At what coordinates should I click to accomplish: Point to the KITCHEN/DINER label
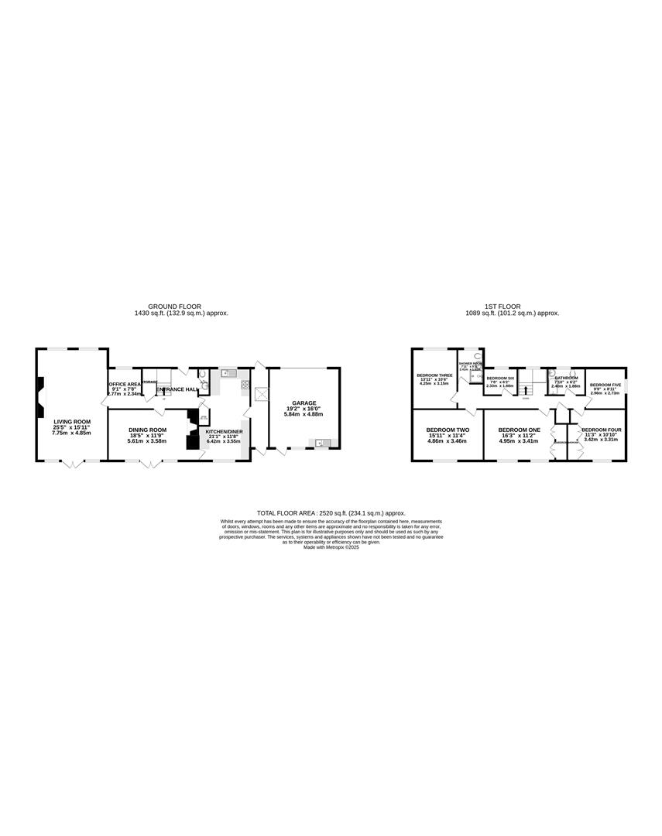pos(223,431)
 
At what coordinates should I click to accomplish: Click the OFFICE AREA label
pos(125,384)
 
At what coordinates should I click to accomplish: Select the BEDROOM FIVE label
pos(605,385)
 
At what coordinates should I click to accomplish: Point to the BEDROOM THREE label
pos(434,375)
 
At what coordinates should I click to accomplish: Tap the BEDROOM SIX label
pos(500,378)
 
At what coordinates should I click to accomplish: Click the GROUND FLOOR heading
pos(174,307)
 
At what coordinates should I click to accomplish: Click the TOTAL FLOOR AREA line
pos(331,512)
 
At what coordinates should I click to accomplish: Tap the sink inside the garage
pos(320,443)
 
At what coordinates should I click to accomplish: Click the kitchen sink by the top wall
pos(228,373)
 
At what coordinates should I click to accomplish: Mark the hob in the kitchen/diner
pos(245,384)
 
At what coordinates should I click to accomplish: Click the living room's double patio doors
pos(70,463)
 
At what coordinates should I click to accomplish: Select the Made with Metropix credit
pos(331,547)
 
